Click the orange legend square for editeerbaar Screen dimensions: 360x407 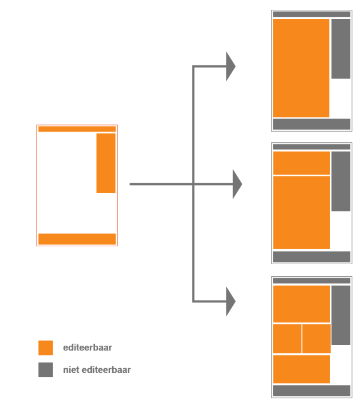pos(46,347)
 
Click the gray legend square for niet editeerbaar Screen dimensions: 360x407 pos(46,369)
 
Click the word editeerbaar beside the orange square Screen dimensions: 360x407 pos(88,347)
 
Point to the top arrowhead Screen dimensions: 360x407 pos(231,66)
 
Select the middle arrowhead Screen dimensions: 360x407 pos(237,184)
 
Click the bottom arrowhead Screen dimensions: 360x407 pos(231,302)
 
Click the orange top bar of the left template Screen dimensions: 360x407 pos(77,129)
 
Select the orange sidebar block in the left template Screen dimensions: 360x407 pos(106,163)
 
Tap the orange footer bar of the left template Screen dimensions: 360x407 pos(77,239)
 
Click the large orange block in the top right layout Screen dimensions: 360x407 pos(301,68)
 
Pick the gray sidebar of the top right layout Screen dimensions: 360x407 pos(341,49)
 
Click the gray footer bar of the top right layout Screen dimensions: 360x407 pos(311,124)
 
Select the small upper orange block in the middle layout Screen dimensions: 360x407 pos(302,163)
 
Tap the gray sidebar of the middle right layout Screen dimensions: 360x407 pos(341,181)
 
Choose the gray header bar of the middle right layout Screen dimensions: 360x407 pos(311,147)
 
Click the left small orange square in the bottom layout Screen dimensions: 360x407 pos(287,339)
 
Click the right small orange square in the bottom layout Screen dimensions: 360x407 pos(317,339)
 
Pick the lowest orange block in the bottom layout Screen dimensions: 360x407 pos(302,369)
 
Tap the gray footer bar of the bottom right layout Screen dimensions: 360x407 pos(311,391)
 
